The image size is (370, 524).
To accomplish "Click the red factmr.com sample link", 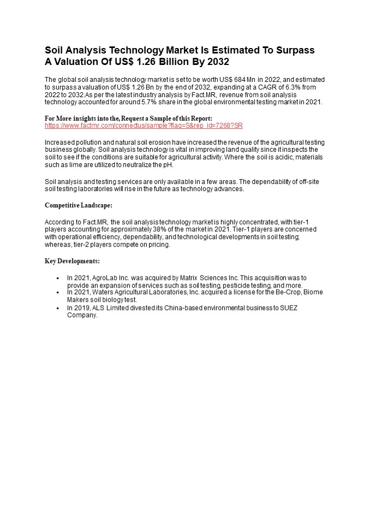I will point(143,126).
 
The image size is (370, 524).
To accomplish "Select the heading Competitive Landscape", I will point(78,205).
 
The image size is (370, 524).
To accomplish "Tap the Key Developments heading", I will point(71,261).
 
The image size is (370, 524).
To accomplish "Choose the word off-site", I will point(306,182).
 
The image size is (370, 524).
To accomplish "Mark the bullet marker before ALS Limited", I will point(57,308).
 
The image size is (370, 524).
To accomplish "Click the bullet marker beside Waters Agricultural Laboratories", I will point(57,292).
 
